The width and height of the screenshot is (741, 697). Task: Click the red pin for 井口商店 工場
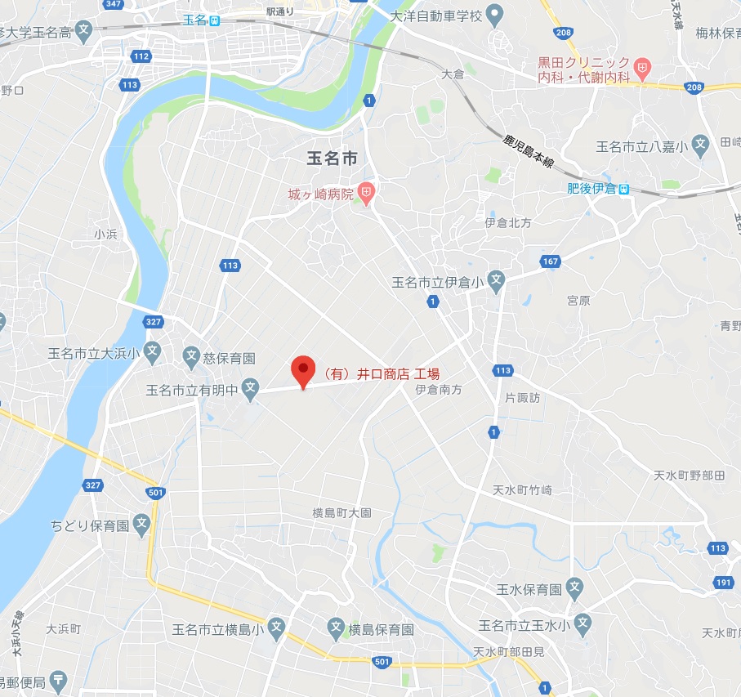point(304,372)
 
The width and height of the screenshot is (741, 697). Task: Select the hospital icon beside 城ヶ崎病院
point(367,194)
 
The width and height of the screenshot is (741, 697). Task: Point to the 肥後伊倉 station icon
point(624,189)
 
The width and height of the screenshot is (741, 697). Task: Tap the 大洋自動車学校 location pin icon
point(493,14)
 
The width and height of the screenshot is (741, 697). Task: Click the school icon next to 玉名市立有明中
point(250,389)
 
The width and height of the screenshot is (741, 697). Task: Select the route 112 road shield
point(141,56)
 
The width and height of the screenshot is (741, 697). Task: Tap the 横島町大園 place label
point(341,513)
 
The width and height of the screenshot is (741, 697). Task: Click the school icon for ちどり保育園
point(143,525)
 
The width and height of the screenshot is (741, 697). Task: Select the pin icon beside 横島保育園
point(335,628)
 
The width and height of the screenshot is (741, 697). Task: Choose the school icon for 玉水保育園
point(575,588)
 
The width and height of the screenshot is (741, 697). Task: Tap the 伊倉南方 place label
point(439,391)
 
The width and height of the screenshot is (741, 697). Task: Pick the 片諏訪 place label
point(523,398)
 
